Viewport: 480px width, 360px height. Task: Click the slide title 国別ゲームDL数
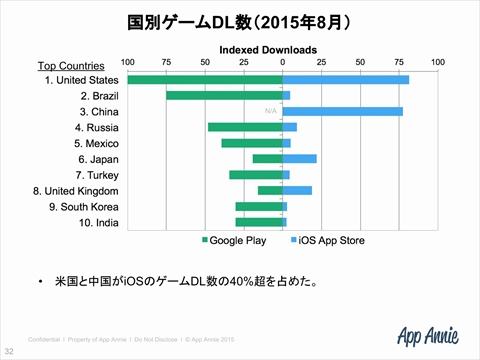(x=239, y=21)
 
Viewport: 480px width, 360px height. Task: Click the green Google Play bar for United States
(x=205, y=79)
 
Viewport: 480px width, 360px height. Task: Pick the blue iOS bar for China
(x=343, y=111)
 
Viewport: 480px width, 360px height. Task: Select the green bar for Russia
(x=245, y=127)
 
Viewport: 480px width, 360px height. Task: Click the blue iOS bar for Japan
(x=300, y=158)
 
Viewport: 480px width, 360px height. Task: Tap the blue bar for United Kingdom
(x=298, y=190)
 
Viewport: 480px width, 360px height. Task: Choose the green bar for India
(x=259, y=222)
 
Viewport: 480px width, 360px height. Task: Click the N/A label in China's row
(x=270, y=111)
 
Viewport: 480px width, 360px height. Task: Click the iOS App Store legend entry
(x=329, y=241)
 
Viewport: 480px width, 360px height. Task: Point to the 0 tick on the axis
(x=283, y=62)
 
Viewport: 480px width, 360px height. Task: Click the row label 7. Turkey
(x=95, y=174)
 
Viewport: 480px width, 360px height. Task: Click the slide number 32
(x=9, y=351)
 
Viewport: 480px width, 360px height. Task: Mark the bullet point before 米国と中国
(x=39, y=282)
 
